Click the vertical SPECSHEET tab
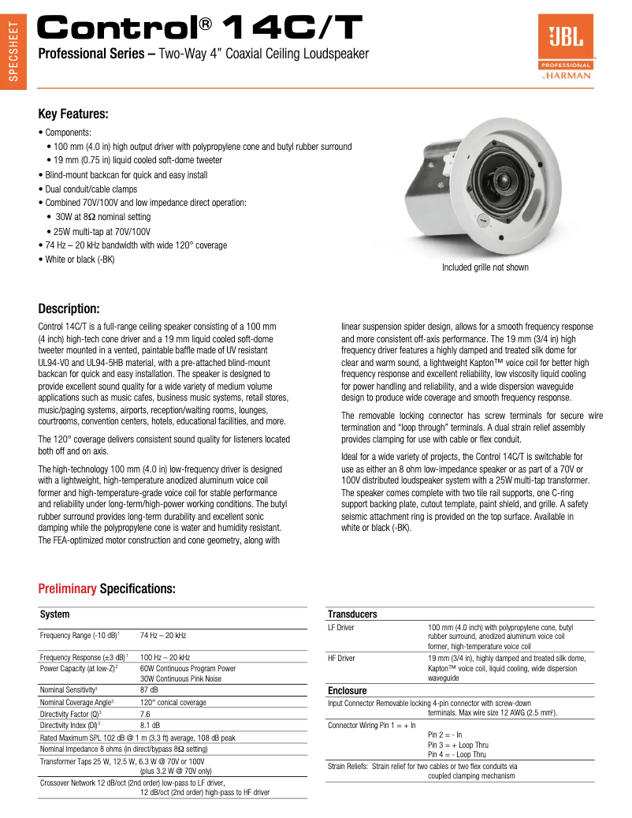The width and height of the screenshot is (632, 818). coord(13,55)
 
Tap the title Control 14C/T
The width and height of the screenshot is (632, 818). coord(201,29)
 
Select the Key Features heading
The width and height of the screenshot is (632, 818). coord(73,114)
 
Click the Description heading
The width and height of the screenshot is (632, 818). coord(69,308)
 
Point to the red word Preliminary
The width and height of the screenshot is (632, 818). coord(67,589)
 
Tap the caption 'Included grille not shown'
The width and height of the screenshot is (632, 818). coord(485,267)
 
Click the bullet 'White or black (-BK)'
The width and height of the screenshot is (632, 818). coord(80,260)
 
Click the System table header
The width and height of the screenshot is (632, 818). coord(55,614)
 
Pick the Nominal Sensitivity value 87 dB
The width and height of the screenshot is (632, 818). coord(149,689)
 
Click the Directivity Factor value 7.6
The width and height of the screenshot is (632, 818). coord(146,713)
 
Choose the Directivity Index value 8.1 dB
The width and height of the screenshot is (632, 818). coord(150,725)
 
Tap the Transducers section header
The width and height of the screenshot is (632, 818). coord(352,614)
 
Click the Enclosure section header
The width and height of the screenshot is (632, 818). coord(348,690)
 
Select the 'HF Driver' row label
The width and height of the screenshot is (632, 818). coord(341,658)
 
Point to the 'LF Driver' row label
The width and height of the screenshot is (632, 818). coord(340,627)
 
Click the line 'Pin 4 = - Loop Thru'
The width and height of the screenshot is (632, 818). coord(457,754)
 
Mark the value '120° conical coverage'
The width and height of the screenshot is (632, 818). coord(173,702)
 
